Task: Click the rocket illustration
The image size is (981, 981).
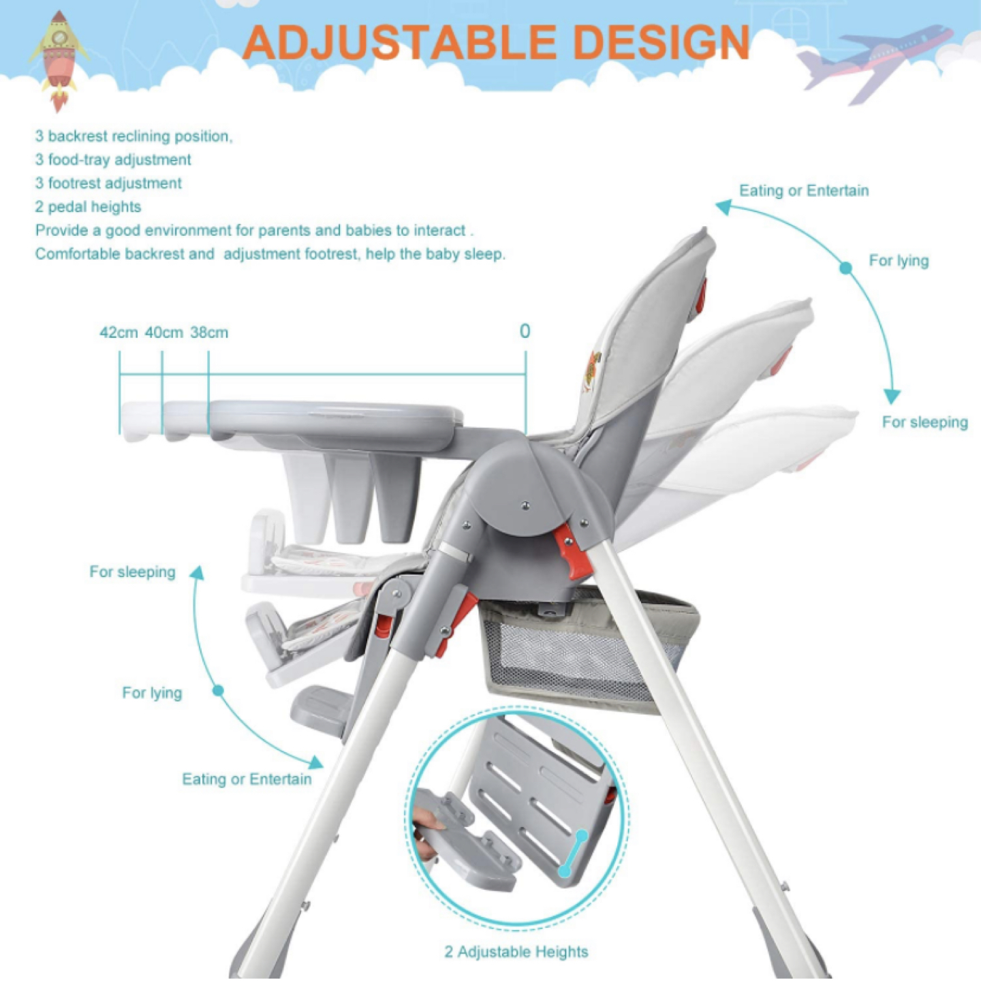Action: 59,60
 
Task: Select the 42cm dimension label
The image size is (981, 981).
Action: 119,332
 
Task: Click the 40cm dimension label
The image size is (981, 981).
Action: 163,332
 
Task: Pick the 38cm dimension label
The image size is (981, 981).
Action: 209,332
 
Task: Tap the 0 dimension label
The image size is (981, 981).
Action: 525,331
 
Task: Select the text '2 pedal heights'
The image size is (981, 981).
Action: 88,206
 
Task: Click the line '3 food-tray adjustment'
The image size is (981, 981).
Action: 113,159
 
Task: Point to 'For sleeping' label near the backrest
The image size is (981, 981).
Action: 925,422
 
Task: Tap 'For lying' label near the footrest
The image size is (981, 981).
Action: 152,692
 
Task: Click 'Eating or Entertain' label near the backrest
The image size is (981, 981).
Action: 804,190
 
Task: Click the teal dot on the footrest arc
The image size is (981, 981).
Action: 219,691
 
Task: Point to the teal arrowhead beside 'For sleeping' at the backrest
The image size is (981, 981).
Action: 891,396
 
